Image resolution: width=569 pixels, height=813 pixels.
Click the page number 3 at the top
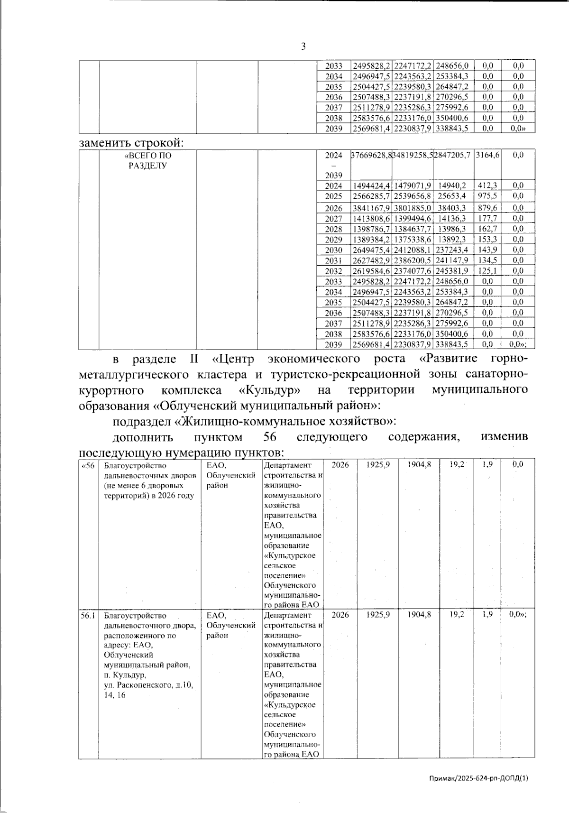pyautogui.click(x=303, y=46)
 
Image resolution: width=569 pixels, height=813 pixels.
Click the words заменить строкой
pyautogui.click(x=130, y=142)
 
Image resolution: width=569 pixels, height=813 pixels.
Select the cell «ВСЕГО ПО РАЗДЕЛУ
pyautogui.click(x=147, y=160)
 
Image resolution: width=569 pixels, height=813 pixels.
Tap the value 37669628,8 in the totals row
pyautogui.click(x=371, y=155)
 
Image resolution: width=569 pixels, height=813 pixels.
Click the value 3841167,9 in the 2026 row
pyautogui.click(x=371, y=208)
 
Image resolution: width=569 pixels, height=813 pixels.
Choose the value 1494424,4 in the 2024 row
pyautogui.click(x=371, y=185)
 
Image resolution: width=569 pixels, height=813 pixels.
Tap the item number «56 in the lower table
pyautogui.click(x=88, y=465)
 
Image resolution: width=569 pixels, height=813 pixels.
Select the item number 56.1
pyautogui.click(x=88, y=615)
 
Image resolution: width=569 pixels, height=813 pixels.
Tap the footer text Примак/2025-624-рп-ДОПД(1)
pyautogui.click(x=478, y=777)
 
